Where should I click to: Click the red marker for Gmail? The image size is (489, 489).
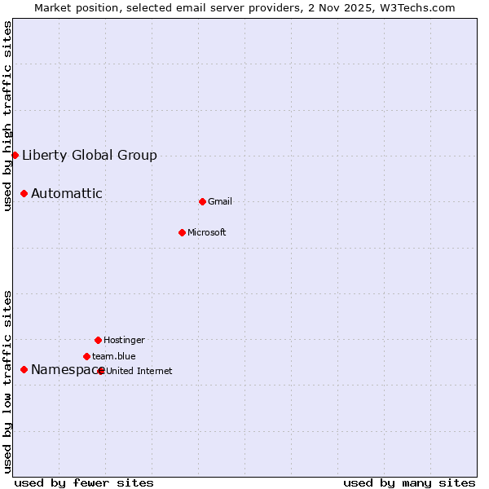[x=202, y=201]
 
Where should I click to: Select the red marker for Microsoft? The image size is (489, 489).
[x=182, y=232]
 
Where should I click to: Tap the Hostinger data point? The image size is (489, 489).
[x=98, y=340]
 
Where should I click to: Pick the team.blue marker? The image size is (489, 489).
[x=86, y=356]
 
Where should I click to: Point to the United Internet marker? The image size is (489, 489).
[x=101, y=371]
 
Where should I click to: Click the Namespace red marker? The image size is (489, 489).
[x=24, y=369]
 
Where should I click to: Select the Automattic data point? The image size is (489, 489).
[x=24, y=193]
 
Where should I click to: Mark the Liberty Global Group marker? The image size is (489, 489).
[x=15, y=155]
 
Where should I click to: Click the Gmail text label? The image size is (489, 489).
[x=220, y=201]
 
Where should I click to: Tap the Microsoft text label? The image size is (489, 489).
[x=207, y=232]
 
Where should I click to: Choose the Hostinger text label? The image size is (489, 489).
[x=124, y=340]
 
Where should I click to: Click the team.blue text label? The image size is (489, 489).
[x=114, y=356]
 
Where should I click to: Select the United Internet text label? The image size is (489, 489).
[x=139, y=371]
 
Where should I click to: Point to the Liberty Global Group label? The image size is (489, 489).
[x=90, y=155]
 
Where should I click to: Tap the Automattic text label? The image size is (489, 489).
[x=67, y=193]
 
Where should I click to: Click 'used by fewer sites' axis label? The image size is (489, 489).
[x=84, y=482]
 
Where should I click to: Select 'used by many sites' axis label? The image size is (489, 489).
[x=409, y=482]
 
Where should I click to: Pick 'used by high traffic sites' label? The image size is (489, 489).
[x=8, y=116]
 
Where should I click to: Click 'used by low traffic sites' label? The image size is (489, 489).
[x=8, y=381]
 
